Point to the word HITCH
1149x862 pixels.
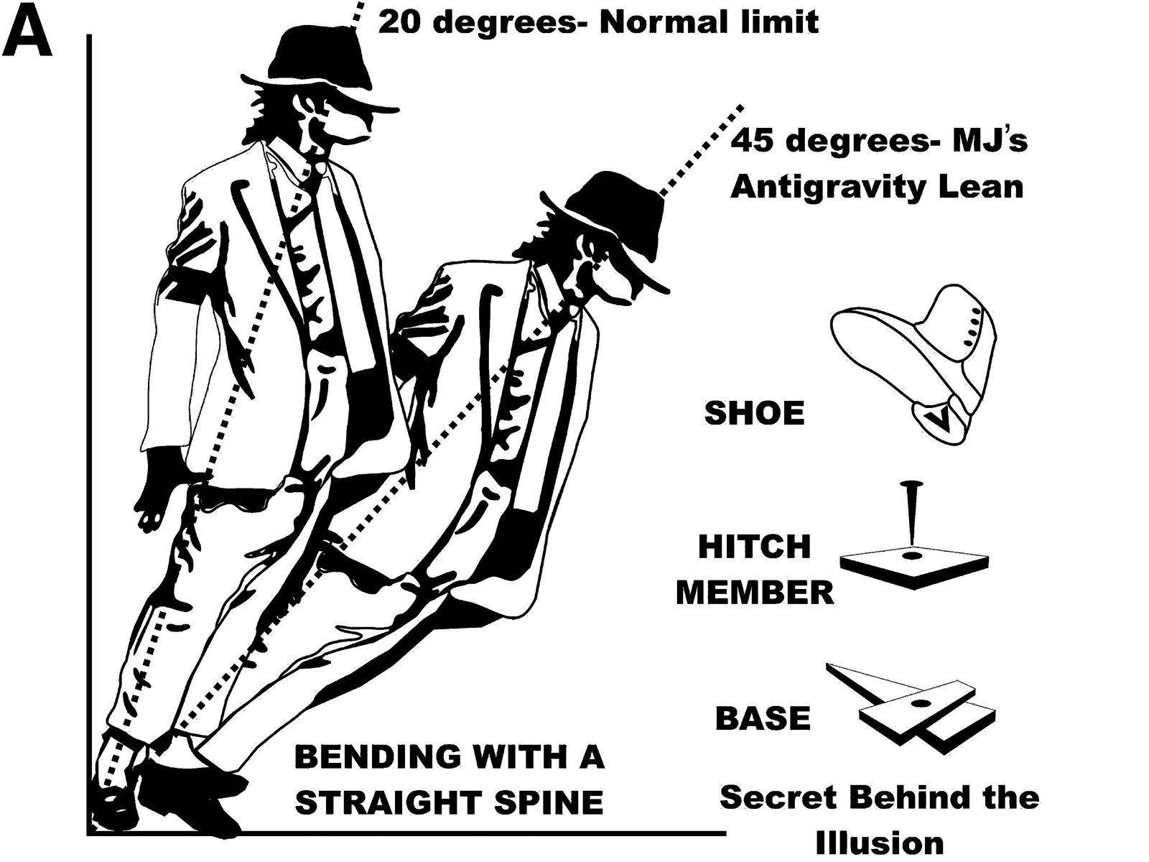point(754,547)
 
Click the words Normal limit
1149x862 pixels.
point(707,22)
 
